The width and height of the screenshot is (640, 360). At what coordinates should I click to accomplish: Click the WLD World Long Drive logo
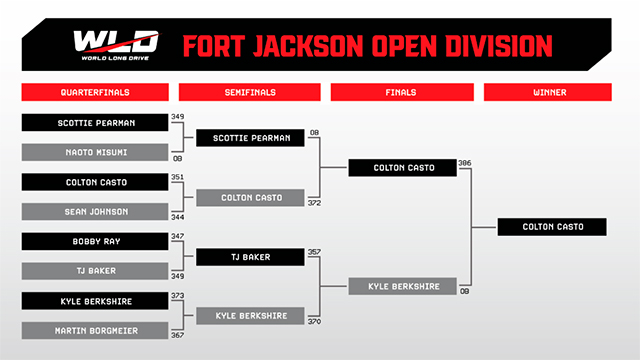(x=116, y=45)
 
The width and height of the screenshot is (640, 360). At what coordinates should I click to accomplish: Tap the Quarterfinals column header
(x=95, y=92)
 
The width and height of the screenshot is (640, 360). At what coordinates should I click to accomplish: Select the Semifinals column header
(x=250, y=92)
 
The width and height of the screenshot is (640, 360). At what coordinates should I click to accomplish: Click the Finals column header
(x=402, y=92)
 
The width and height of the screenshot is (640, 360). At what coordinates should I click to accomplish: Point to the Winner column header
(x=548, y=92)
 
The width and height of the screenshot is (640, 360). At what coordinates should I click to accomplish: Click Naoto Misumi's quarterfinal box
(x=95, y=152)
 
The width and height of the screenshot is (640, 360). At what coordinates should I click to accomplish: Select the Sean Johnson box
(x=95, y=211)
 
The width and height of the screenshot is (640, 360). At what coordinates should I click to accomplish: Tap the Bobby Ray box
(x=95, y=241)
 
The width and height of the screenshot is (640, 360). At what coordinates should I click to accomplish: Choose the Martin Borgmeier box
(x=95, y=331)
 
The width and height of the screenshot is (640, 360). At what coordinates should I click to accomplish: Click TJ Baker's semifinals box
(x=250, y=257)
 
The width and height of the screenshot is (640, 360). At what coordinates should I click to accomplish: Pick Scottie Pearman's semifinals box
(x=250, y=138)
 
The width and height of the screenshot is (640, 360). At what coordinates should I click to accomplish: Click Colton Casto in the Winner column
(x=552, y=227)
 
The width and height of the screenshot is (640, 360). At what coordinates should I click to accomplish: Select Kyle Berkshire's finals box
(x=402, y=286)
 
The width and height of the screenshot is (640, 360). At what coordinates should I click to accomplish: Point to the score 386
(x=464, y=163)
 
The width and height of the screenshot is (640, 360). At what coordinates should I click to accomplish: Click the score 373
(x=178, y=296)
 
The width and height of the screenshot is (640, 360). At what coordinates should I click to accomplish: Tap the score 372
(x=314, y=203)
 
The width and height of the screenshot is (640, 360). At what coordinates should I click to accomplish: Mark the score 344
(x=178, y=217)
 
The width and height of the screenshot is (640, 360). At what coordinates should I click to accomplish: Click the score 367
(x=178, y=335)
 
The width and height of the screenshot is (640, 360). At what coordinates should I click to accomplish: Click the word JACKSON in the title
(x=308, y=45)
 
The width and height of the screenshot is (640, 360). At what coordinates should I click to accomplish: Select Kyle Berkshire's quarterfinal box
(x=95, y=301)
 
